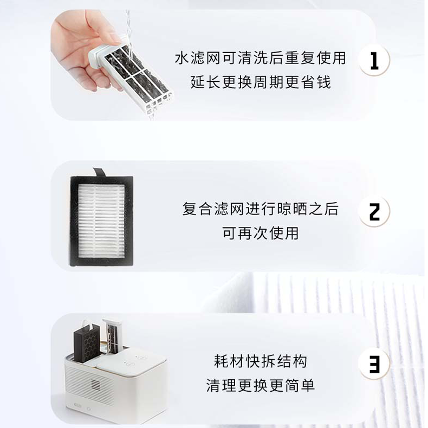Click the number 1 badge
click(374, 60)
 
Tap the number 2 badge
click(374, 211)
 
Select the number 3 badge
click(374, 364)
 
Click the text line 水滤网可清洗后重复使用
click(261, 58)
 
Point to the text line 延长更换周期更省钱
click(261, 82)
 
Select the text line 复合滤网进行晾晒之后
click(261, 209)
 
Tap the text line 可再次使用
click(261, 233)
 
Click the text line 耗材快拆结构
click(261, 361)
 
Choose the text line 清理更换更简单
click(261, 385)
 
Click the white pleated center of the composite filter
click(101, 221)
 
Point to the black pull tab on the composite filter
click(99, 172)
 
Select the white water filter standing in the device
click(112, 336)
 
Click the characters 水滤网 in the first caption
click(198, 58)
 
